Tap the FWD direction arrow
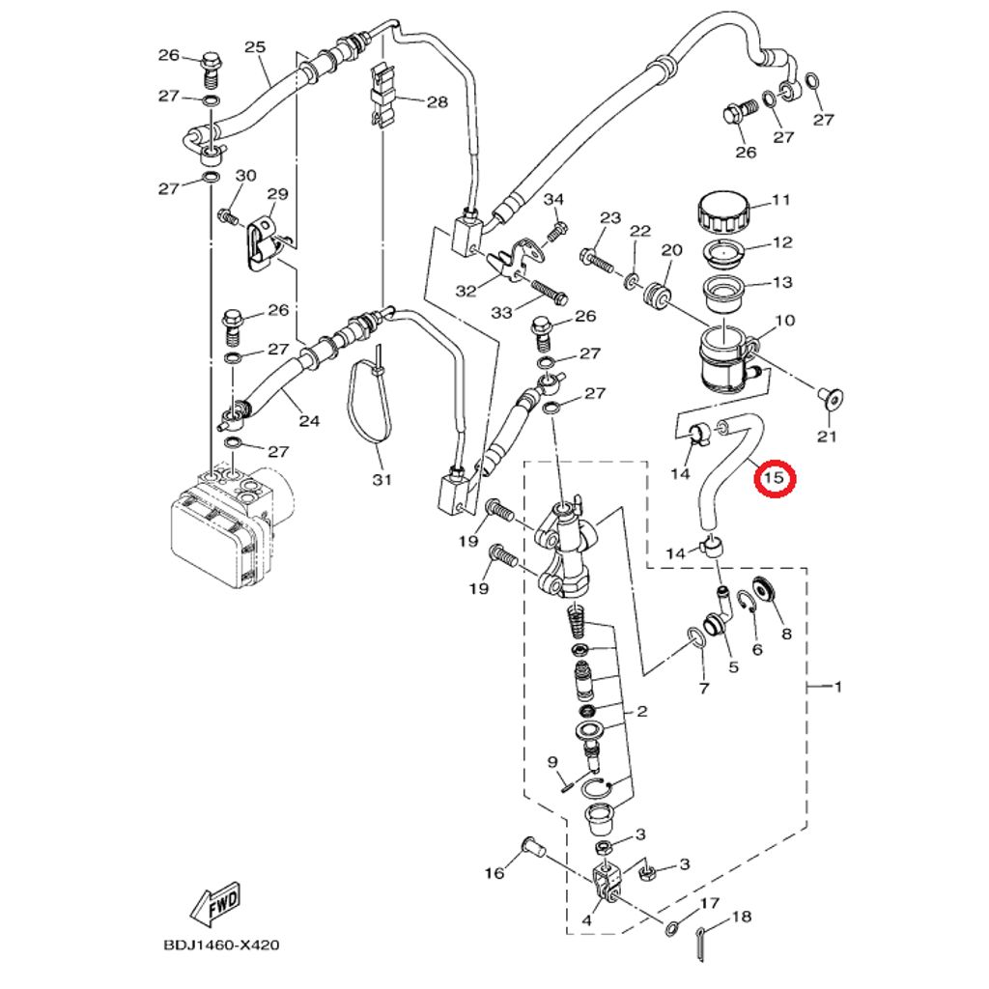point(214,905)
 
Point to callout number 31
point(381,479)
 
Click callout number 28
point(438,101)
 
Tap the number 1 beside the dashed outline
point(838,687)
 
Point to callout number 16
point(494,873)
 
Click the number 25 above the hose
point(255,46)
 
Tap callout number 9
point(553,762)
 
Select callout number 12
point(781,242)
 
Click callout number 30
point(246,175)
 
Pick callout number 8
point(785,634)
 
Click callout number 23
point(609,217)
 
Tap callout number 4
point(586,921)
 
